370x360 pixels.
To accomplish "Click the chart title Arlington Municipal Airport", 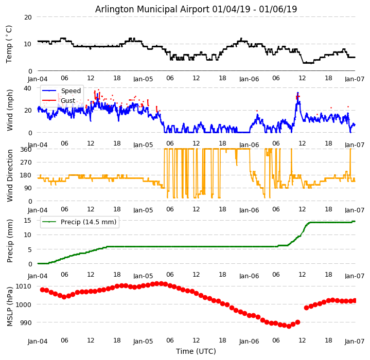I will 196,9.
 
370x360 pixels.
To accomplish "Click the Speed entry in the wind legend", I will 71,91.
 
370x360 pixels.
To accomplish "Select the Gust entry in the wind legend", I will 68,100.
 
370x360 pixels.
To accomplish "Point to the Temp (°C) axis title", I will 9,44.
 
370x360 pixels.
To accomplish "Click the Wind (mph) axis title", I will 10,110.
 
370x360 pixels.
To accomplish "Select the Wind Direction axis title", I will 10,175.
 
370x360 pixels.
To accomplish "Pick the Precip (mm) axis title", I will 10,241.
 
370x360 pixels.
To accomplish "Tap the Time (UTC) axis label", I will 196,351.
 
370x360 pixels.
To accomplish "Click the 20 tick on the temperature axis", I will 27,17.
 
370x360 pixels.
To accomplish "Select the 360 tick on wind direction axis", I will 25,149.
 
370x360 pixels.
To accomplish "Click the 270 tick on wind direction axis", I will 25,162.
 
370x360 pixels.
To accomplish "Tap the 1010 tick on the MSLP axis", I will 23,286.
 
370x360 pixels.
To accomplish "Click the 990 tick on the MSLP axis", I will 25,322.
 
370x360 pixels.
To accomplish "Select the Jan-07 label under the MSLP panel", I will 355,341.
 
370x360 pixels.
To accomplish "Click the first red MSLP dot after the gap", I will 306,308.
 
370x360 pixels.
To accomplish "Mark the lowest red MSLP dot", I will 289,326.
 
